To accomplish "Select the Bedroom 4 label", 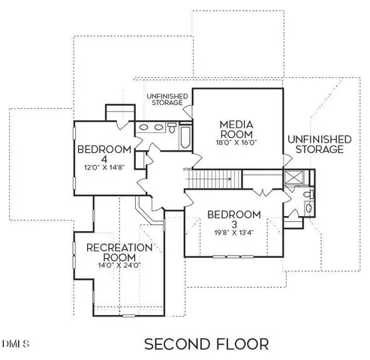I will (104, 154).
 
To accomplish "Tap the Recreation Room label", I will (120, 253).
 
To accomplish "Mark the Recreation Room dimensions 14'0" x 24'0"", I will (120, 265).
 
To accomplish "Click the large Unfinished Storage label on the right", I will (318, 144).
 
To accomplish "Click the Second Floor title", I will (206, 344).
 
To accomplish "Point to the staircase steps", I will (213, 179).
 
